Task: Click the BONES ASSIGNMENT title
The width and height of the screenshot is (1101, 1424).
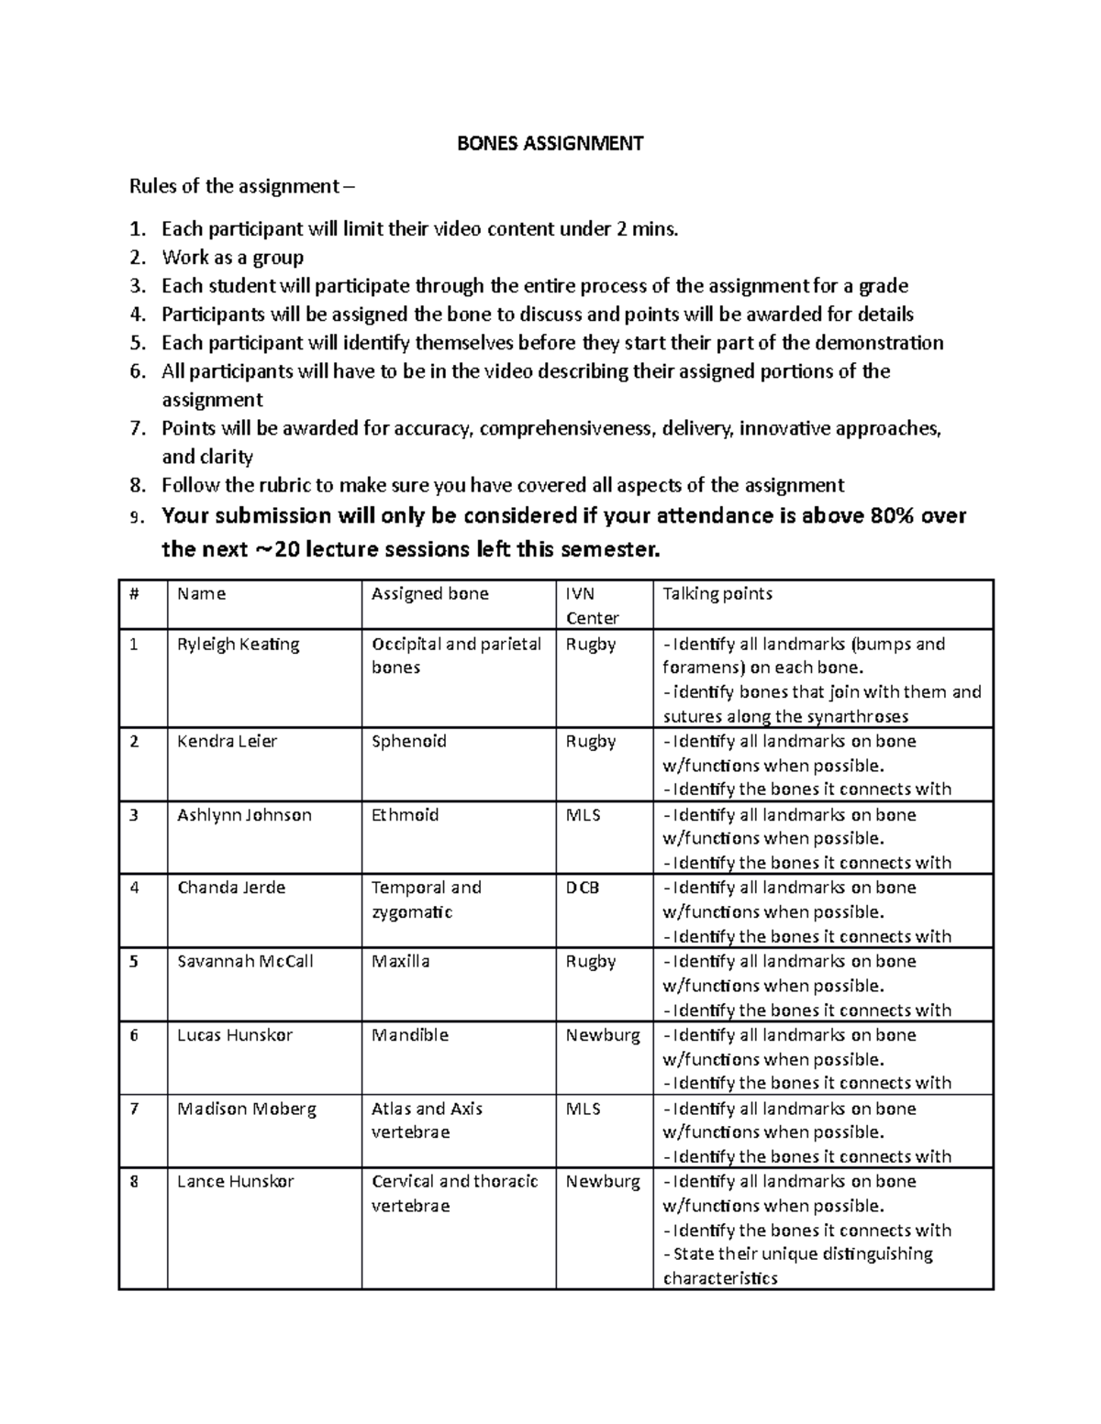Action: click(x=550, y=143)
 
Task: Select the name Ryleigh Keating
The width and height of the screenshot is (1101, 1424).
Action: click(x=238, y=645)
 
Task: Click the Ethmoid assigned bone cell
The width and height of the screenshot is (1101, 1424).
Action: click(x=405, y=814)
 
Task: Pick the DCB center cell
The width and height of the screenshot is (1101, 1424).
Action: click(x=582, y=888)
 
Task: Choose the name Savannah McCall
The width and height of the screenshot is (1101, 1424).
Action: click(x=245, y=961)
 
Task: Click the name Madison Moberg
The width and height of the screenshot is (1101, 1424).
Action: click(x=246, y=1109)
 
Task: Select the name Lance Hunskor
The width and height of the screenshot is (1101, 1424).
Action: click(x=235, y=1181)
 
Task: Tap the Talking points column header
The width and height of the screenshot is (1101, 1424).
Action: click(x=717, y=593)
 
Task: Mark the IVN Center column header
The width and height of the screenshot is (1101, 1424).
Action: click(x=592, y=605)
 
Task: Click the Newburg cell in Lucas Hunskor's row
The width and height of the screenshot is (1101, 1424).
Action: click(x=602, y=1035)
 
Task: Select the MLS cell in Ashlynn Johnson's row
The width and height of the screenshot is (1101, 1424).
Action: click(x=583, y=814)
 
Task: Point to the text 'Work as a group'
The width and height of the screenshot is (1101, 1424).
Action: click(x=232, y=257)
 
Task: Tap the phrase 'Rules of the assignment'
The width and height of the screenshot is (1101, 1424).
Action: click(x=234, y=186)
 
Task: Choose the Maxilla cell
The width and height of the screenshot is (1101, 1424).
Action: click(x=400, y=961)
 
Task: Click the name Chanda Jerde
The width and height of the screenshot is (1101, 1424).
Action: click(x=231, y=888)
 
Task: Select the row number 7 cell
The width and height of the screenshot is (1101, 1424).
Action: click(x=134, y=1109)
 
